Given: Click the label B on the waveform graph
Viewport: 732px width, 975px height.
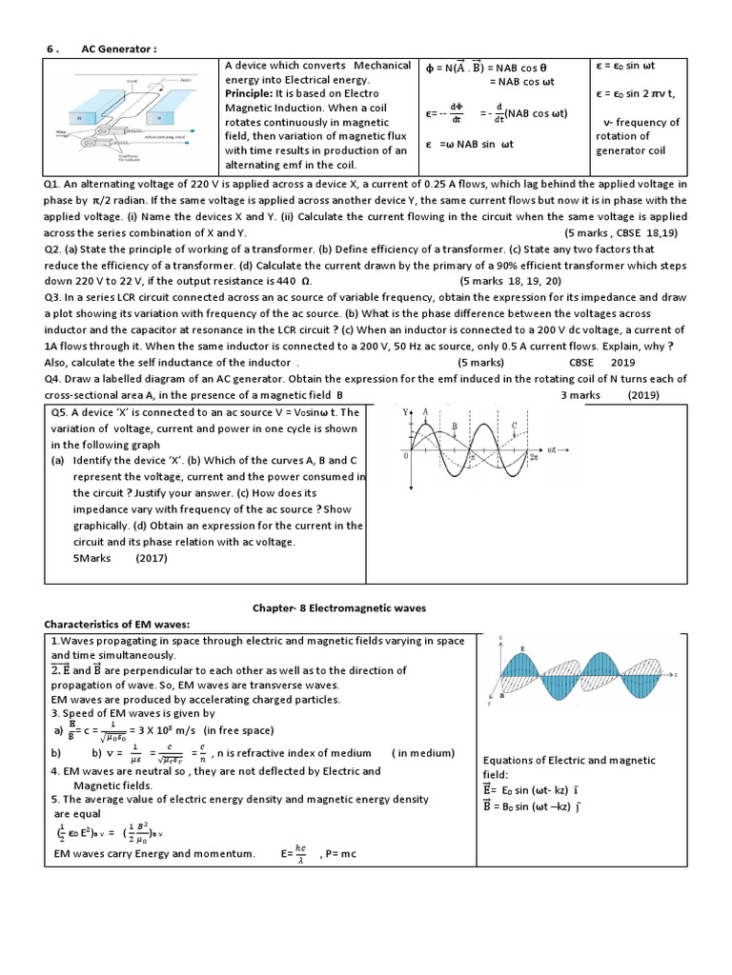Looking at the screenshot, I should (454, 426).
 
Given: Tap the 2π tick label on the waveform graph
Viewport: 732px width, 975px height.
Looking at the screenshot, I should (535, 459).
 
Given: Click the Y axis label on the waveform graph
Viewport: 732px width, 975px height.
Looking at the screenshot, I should (405, 411).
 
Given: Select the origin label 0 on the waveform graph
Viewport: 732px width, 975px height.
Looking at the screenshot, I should (407, 457).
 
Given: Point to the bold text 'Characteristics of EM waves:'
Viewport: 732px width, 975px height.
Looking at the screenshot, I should (118, 624).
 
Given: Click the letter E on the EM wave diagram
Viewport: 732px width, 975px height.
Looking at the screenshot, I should (522, 649).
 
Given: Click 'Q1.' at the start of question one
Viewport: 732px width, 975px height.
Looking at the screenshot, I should (52, 183).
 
